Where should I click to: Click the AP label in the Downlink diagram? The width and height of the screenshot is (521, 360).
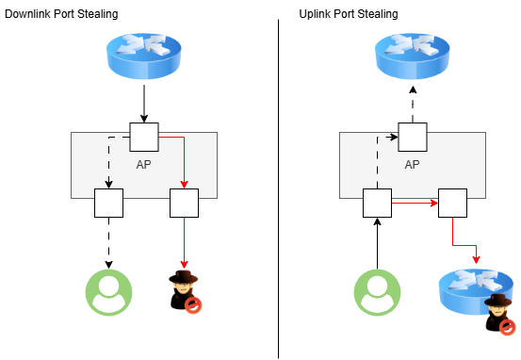pyautogui.click(x=144, y=162)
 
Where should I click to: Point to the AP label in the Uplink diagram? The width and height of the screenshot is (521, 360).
pyautogui.click(x=412, y=163)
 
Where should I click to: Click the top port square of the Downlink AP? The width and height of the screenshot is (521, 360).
pyautogui.click(x=144, y=137)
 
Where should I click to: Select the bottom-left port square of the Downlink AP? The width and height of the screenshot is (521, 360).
pyautogui.click(x=109, y=203)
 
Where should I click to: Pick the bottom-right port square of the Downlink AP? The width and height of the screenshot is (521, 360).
pyautogui.click(x=184, y=203)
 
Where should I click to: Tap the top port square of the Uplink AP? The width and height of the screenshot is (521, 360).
pyautogui.click(x=413, y=137)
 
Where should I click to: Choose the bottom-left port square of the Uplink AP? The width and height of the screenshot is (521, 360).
pyautogui.click(x=377, y=203)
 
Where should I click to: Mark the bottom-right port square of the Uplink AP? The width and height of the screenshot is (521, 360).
pyautogui.click(x=453, y=203)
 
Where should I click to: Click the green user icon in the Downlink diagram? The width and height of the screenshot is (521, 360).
pyautogui.click(x=109, y=290)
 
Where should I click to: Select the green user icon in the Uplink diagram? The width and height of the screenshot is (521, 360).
pyautogui.click(x=377, y=290)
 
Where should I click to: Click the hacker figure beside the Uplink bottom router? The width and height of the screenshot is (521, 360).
pyautogui.click(x=499, y=313)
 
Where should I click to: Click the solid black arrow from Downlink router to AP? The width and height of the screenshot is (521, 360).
pyautogui.click(x=144, y=103)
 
